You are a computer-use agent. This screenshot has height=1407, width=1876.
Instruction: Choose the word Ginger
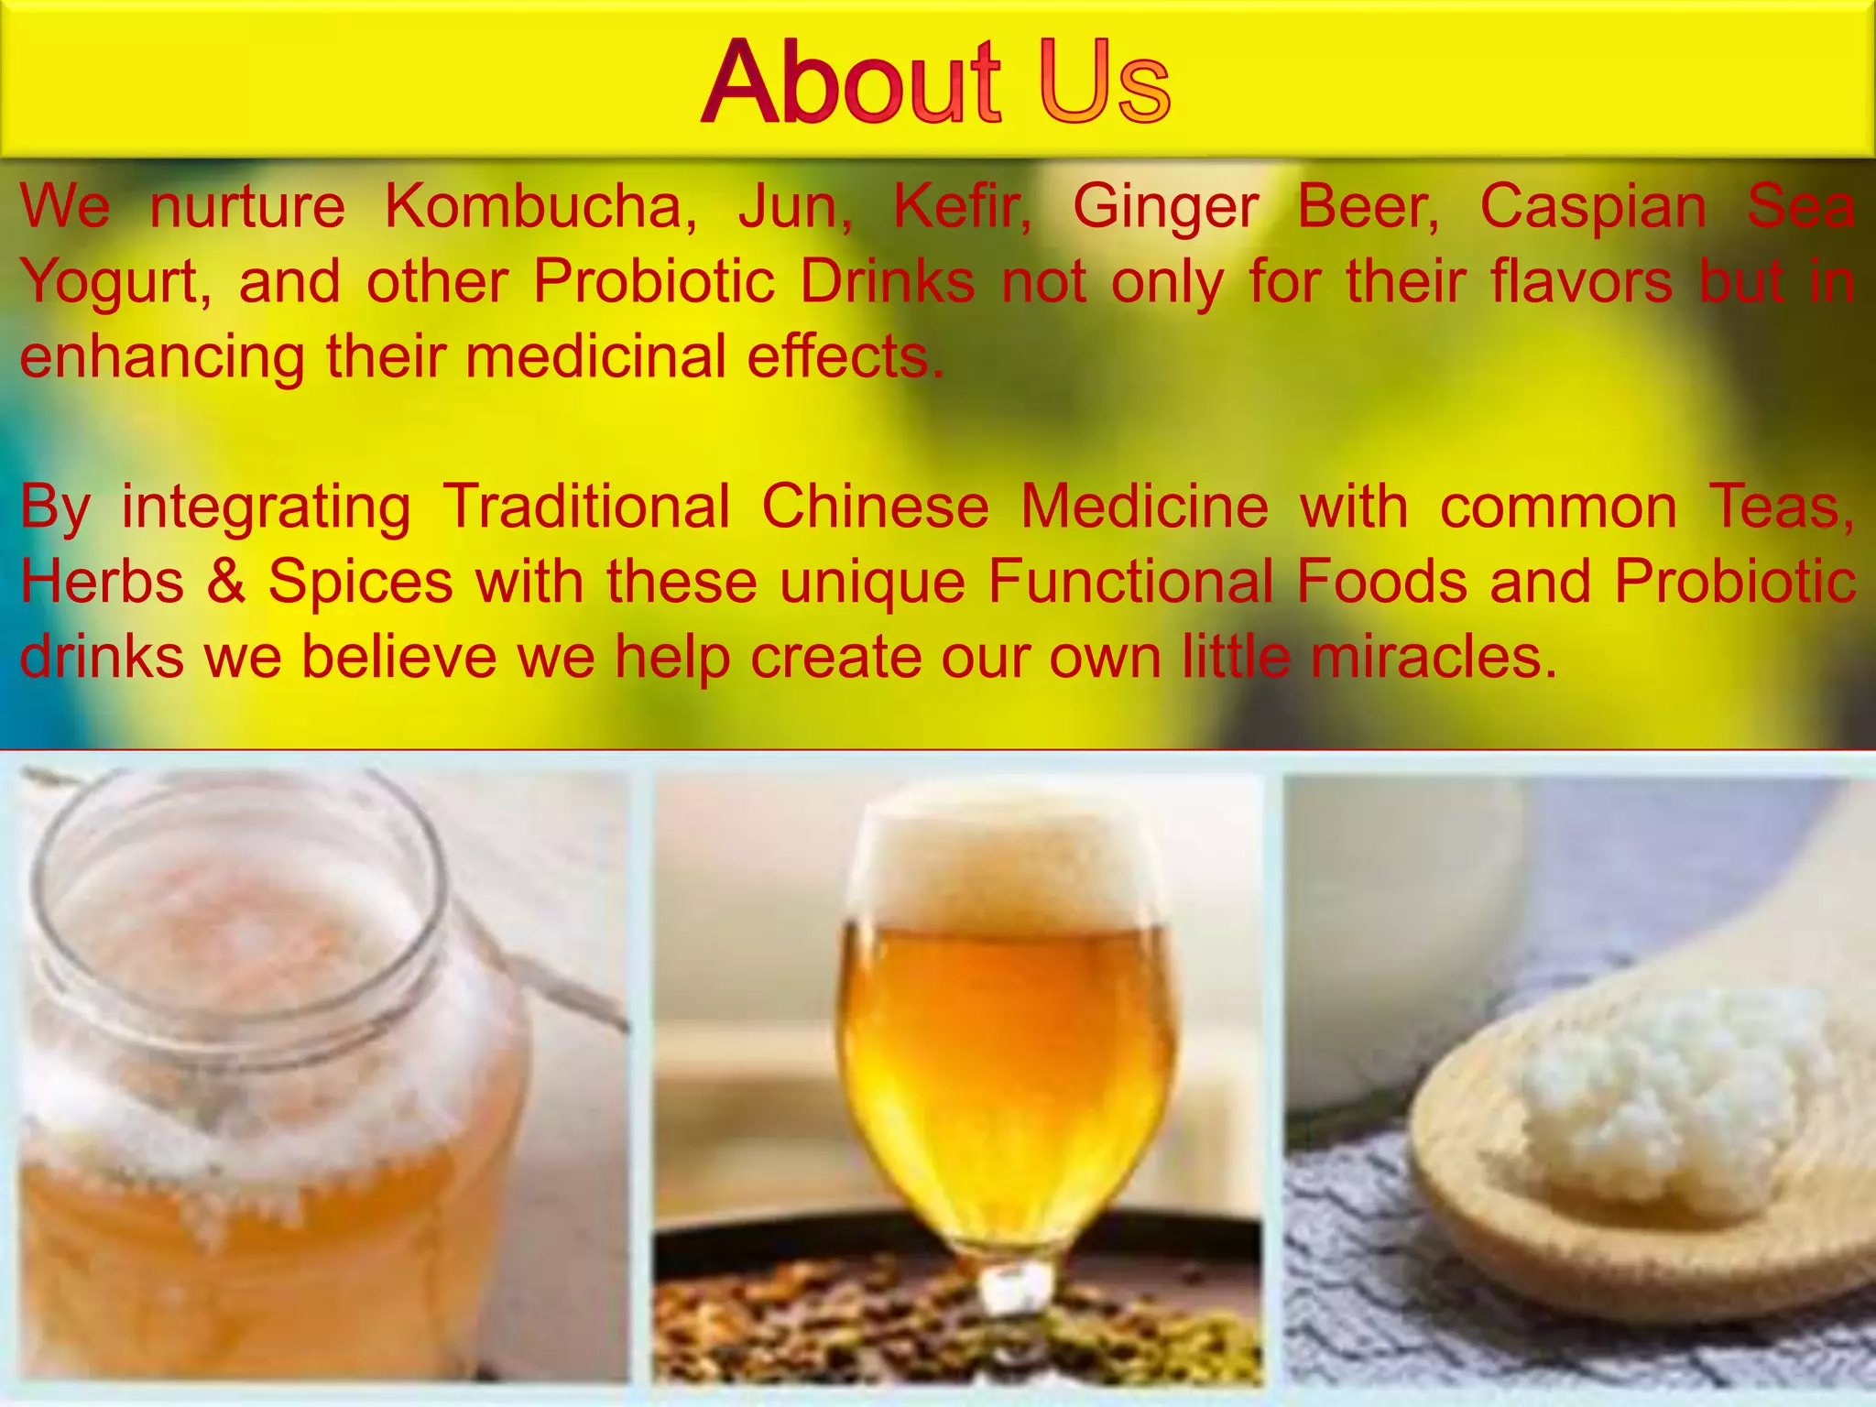pos(1164,208)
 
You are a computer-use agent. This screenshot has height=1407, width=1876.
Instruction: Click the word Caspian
pos(1593,206)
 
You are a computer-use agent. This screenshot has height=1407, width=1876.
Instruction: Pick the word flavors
pos(1582,280)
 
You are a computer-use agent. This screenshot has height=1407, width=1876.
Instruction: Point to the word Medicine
pos(1144,507)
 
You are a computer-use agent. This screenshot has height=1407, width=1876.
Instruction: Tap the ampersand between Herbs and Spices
pos(226,582)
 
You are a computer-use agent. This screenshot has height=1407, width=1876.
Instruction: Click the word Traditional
pos(586,507)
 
